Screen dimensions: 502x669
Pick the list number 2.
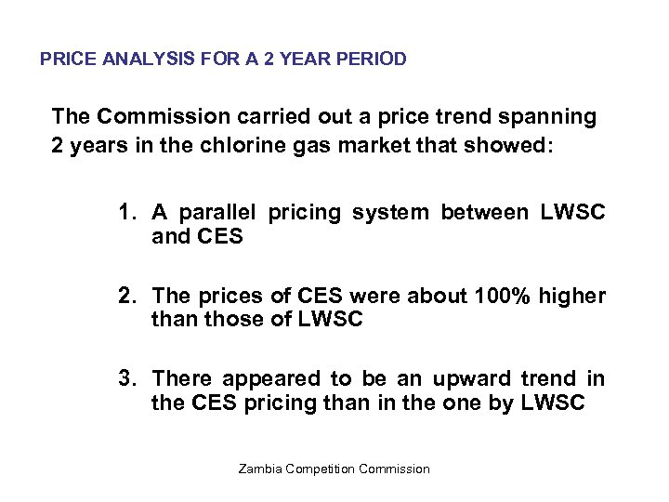tap(125, 297)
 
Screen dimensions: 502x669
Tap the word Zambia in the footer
tap(262, 469)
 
